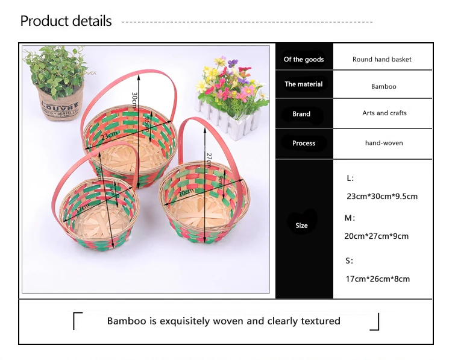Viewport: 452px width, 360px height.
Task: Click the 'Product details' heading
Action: pyautogui.click(x=66, y=21)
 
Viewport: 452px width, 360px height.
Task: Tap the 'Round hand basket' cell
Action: pyautogui.click(x=381, y=60)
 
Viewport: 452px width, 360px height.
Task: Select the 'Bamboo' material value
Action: pyautogui.click(x=383, y=86)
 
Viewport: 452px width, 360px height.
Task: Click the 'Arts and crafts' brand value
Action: pyautogui.click(x=385, y=113)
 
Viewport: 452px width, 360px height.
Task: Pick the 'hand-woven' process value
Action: pyautogui.click(x=384, y=143)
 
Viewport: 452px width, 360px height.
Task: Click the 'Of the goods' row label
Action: pyautogui.click(x=304, y=60)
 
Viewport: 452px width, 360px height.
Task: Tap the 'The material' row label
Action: pyautogui.click(x=304, y=84)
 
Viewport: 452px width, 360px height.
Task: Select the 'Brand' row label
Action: pyautogui.click(x=301, y=114)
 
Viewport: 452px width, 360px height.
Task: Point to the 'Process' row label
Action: pyautogui.click(x=304, y=143)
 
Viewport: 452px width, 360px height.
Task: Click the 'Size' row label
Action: pyautogui.click(x=301, y=226)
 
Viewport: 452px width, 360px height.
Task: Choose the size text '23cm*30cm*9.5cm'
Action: pyautogui.click(x=382, y=197)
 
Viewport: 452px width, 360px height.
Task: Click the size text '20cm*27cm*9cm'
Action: pyautogui.click(x=376, y=236)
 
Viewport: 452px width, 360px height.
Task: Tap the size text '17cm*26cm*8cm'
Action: pyautogui.click(x=378, y=279)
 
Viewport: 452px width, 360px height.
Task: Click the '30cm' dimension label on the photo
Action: pyautogui.click(x=134, y=100)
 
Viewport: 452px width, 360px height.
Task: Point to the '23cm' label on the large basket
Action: pyautogui.click(x=109, y=135)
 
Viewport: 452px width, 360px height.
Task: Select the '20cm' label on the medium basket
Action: pyautogui.click(x=186, y=192)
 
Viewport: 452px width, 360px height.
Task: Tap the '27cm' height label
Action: pyautogui.click(x=209, y=160)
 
